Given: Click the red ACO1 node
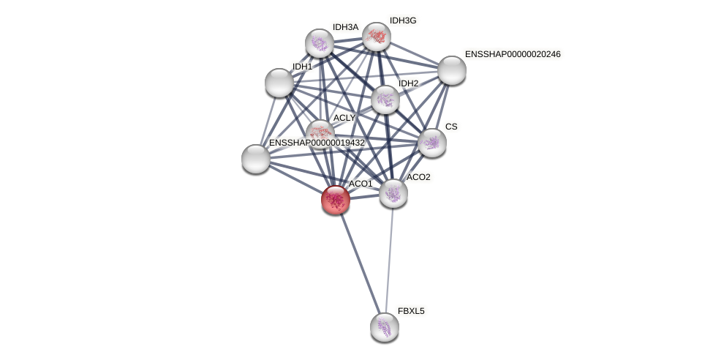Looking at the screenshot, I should pyautogui.click(x=336, y=199).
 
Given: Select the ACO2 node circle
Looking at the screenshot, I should pyautogui.click(x=393, y=193).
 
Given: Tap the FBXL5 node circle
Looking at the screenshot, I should pyautogui.click(x=384, y=326).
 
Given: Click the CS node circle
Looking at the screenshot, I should pyautogui.click(x=431, y=143).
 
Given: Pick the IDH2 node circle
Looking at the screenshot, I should pyautogui.click(x=385, y=100).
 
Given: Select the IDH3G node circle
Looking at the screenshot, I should pyautogui.click(x=377, y=37).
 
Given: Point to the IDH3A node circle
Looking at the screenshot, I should pyautogui.click(x=320, y=43).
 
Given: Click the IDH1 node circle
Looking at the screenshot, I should pyautogui.click(x=279, y=83).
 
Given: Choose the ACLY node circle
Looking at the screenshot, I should pyautogui.click(x=320, y=132).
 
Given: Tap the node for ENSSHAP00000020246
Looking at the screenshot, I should pyautogui.click(x=451, y=70).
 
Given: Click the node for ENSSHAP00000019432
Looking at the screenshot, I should pyautogui.click(x=256, y=159).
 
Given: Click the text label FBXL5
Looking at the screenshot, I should pyautogui.click(x=411, y=311).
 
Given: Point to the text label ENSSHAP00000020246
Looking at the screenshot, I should pyautogui.click(x=513, y=54).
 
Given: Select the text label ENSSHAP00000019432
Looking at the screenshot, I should pyautogui.click(x=317, y=143).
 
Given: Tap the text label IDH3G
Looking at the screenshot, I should pyautogui.click(x=403, y=20).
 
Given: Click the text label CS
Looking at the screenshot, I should pyautogui.click(x=451, y=127).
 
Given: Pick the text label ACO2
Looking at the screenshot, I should pyautogui.click(x=418, y=177).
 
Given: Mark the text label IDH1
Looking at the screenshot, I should pyautogui.click(x=302, y=67).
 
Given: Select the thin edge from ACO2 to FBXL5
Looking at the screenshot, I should pyautogui.click(x=388, y=260).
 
